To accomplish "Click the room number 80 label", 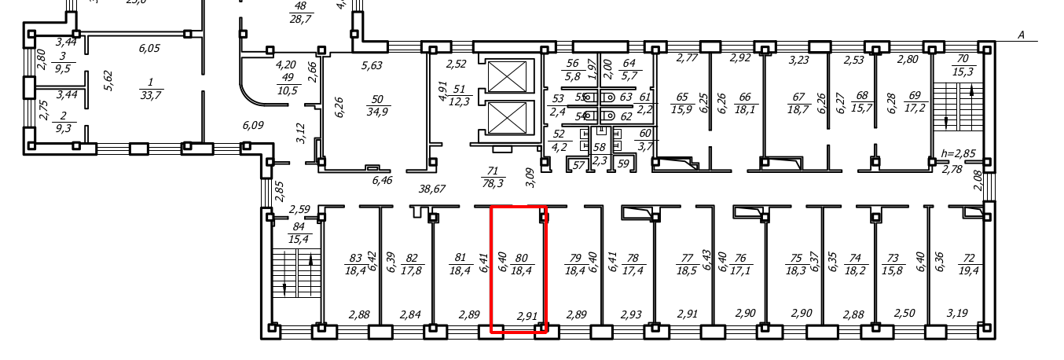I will [520, 258].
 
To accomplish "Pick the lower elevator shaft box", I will [509, 119].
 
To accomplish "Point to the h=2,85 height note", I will [956, 153].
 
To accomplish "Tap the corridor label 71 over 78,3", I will [493, 177].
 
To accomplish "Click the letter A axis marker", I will [1022, 35].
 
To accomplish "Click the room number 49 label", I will [288, 77].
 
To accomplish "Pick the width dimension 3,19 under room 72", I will [957, 313].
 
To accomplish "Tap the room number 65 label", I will [682, 97].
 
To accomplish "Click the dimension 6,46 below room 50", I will [380, 180].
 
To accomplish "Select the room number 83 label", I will [355, 258].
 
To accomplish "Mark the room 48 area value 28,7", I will [299, 17].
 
